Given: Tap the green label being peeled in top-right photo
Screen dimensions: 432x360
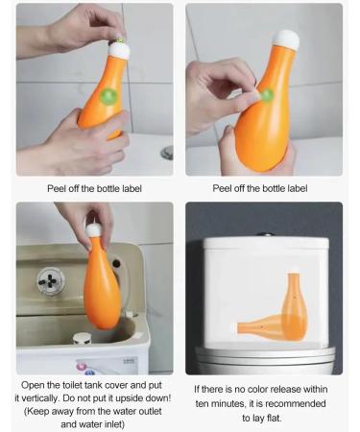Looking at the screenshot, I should point(266,95).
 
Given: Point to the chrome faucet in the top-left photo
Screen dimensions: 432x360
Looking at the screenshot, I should point(167,153).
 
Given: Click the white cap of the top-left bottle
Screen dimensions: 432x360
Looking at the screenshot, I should point(119,42).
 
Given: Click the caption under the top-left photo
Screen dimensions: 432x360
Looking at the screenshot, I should point(94,188).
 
